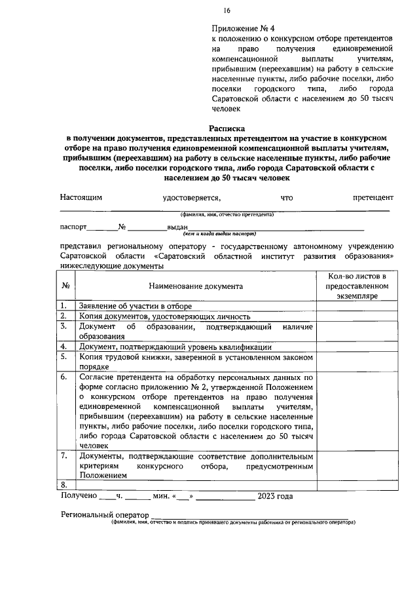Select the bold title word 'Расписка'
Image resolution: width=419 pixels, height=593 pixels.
coord(227,128)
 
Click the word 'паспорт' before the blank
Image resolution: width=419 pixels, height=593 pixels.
coord(73,227)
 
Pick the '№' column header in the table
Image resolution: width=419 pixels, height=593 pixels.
coord(66,286)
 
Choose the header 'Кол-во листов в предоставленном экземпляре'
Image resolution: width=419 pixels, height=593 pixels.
coord(354,286)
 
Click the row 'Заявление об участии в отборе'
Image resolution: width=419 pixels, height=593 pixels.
coord(135,306)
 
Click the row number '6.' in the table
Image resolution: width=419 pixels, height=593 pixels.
coord(64,378)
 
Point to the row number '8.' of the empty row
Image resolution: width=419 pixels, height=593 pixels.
coord(64,484)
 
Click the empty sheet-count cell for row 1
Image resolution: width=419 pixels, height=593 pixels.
coord(354,306)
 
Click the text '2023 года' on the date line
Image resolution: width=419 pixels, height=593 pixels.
coord(276,496)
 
